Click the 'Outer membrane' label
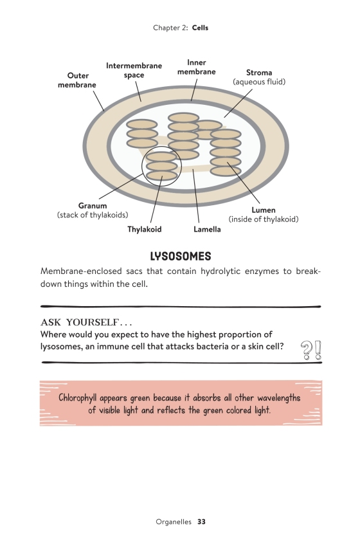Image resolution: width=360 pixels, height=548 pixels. tap(76, 80)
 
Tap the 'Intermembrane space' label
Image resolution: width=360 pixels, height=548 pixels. tap(134, 70)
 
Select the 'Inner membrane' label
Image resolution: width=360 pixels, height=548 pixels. tap(197, 67)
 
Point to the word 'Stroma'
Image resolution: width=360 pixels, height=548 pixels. tap(259, 73)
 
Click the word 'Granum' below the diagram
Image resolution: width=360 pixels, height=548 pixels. tap(93, 206)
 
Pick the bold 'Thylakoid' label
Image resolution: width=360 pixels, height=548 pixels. tap(145, 229)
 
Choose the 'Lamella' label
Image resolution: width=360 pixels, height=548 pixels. tap(207, 229)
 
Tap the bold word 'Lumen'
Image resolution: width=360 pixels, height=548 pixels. tap(264, 210)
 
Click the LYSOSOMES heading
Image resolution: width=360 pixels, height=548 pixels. tap(181, 256)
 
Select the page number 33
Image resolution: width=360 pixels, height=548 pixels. tap(201, 522)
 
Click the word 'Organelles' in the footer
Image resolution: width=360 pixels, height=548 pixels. tap(174, 522)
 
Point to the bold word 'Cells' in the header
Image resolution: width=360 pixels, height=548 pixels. tap(200, 28)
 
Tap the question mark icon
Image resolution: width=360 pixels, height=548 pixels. tap(307, 351)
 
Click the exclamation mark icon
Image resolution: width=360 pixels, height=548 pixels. tap(318, 350)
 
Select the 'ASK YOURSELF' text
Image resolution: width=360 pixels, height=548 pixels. tap(80, 322)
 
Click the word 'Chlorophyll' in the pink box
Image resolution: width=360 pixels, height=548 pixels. tap(78, 398)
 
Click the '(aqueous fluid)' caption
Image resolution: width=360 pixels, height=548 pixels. tap(259, 82)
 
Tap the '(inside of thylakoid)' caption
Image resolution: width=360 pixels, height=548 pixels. tap(264, 219)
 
